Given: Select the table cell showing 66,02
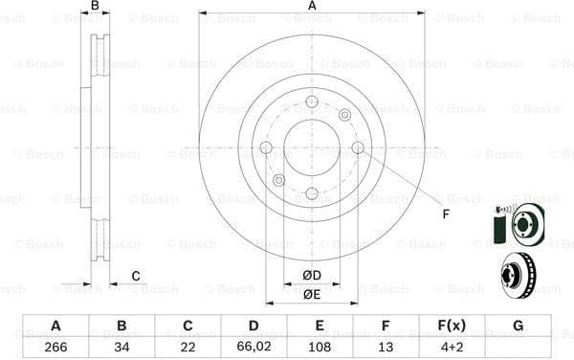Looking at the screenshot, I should (254, 346).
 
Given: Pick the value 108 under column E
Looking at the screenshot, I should (319, 346).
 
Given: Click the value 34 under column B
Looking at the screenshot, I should (121, 346).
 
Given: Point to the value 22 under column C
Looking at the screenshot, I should (188, 346).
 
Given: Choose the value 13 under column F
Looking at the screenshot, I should (385, 346).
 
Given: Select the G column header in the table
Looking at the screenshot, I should (518, 326).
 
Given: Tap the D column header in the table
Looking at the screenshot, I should (254, 326).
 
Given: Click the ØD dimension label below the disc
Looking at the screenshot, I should (312, 277).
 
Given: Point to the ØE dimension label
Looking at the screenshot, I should (312, 295).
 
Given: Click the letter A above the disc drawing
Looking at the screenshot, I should (312, 7).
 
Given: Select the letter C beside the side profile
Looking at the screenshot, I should (136, 276).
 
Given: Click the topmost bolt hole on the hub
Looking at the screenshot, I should (312, 101).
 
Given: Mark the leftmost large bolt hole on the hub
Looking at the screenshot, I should (266, 147).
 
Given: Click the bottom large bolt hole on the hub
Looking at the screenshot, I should (312, 193).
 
